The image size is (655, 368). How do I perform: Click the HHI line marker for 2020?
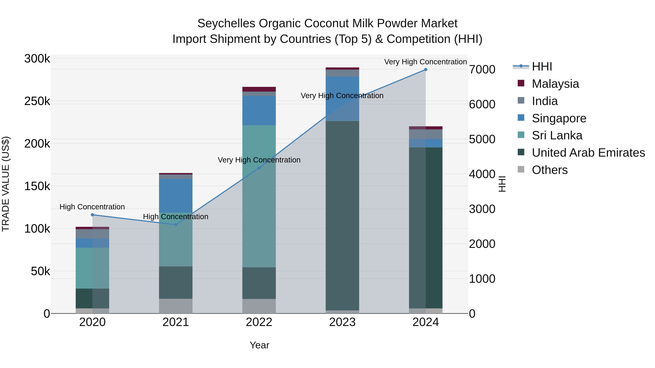pos(92,215)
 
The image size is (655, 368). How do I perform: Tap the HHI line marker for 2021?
pos(176,224)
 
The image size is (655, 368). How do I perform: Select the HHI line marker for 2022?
pos(259,168)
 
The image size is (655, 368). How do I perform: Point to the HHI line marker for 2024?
pos(426,70)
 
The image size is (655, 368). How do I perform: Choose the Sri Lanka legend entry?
pos(557,135)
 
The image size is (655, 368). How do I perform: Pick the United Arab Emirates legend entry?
pos(588,153)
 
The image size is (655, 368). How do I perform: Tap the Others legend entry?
pos(549,170)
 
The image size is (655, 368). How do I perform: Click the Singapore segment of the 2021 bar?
pos(176,196)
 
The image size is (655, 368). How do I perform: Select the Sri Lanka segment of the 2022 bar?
pos(259,196)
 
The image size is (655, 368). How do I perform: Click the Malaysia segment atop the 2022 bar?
pos(259,89)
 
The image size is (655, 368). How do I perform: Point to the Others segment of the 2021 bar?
pos(176,306)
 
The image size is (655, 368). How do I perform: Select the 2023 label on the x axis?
pos(342,322)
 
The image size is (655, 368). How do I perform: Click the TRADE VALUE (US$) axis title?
pos(6,184)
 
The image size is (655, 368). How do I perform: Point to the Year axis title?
pos(259,345)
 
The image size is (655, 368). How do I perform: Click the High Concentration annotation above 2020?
pos(92,207)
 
